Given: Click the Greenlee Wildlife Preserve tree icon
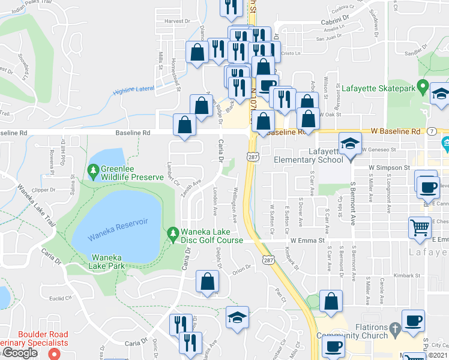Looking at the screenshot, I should [93, 172].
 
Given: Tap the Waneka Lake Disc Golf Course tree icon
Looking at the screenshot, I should [173, 232].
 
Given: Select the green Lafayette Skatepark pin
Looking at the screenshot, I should [422, 88].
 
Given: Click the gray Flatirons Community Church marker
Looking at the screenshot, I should [394, 328].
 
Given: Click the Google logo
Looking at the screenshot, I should [19, 353].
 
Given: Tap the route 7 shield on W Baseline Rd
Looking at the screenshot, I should [431, 131].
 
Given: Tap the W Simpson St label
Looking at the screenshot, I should [389, 168].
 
